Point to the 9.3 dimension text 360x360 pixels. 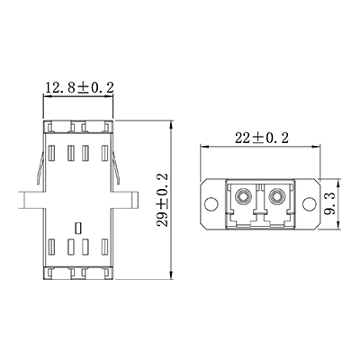[331, 199]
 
